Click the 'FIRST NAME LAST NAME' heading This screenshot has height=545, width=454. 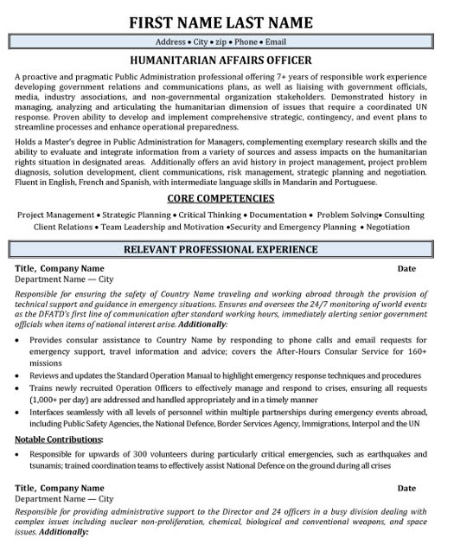pyautogui.click(x=227, y=21)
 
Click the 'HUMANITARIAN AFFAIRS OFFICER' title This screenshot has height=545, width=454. pyautogui.click(x=227, y=61)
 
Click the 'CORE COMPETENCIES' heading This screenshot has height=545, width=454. pyautogui.click(x=227, y=198)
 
